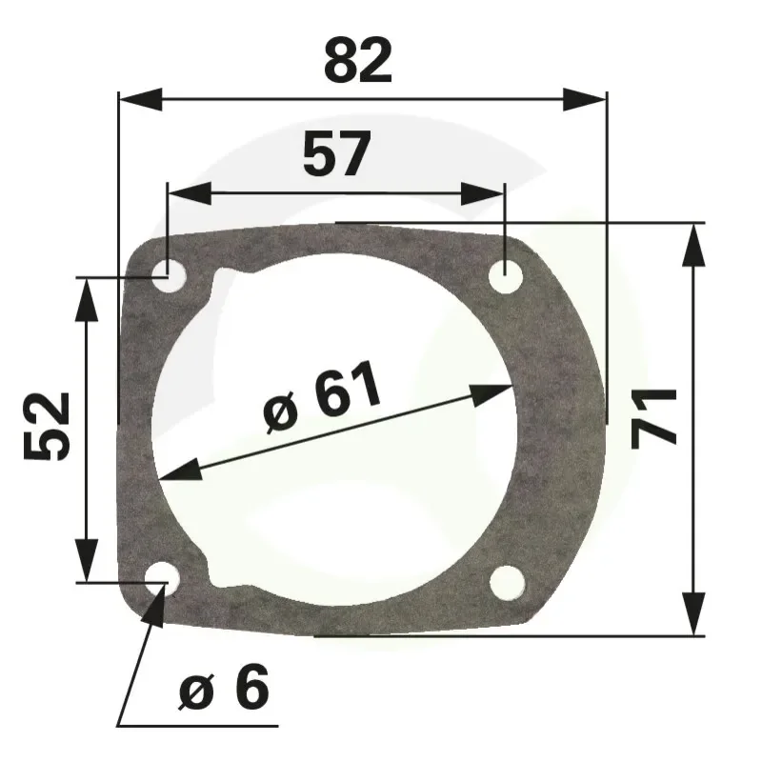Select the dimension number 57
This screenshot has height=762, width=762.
click(x=337, y=153)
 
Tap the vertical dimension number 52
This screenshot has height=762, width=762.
click(x=47, y=427)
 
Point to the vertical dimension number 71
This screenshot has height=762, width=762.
click(x=653, y=419)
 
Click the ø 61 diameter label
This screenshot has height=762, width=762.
click(x=322, y=396)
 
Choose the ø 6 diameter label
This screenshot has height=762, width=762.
click(x=224, y=686)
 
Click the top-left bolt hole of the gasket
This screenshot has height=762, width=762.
click(x=170, y=277)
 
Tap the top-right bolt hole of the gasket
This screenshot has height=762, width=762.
click(x=506, y=276)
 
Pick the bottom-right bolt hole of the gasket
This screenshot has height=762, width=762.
click(x=508, y=583)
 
